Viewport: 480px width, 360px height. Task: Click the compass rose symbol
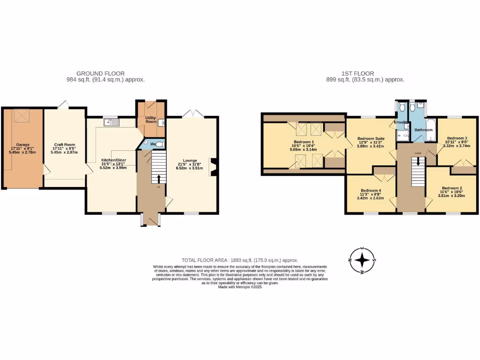point(362,262)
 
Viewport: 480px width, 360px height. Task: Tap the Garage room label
point(23,144)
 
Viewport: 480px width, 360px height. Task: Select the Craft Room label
point(64,144)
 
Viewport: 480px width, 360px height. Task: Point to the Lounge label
point(190,160)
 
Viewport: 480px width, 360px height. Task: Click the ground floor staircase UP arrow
point(158,179)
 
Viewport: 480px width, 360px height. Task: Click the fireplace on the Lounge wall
point(213,167)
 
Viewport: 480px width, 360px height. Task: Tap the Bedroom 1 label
point(304,142)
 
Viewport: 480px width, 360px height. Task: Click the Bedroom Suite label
point(371,138)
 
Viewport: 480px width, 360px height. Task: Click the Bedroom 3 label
point(457,138)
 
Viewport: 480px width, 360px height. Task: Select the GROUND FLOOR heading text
point(100,74)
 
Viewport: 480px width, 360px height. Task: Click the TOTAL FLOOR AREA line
point(240,260)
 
